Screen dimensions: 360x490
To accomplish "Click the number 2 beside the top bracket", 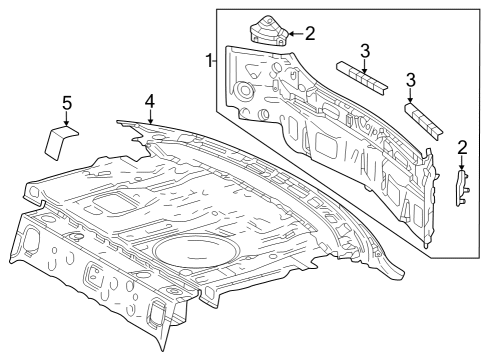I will (x=309, y=34).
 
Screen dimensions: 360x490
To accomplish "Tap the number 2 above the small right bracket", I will (x=461, y=148).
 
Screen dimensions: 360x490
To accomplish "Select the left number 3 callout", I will (x=365, y=51).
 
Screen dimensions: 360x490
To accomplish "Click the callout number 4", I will (x=149, y=102).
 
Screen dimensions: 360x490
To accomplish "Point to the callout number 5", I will (x=67, y=102).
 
